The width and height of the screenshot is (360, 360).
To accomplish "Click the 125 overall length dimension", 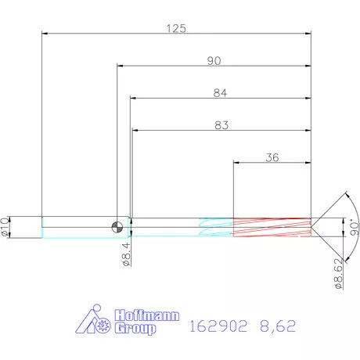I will click(x=176, y=28).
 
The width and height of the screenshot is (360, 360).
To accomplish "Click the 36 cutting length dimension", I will click(x=272, y=157).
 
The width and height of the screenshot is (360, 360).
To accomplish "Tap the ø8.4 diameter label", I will click(x=126, y=254).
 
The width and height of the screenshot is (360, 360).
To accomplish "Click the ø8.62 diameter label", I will click(x=338, y=273).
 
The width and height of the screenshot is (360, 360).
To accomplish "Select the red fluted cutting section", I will click(x=272, y=227).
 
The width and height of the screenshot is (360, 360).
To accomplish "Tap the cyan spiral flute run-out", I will click(x=215, y=227).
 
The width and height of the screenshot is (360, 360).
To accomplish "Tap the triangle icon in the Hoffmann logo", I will click(x=94, y=322).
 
